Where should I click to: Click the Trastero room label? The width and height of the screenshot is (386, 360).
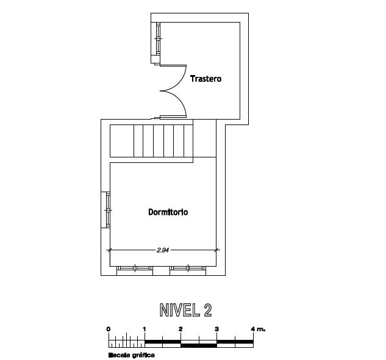[x=206, y=79]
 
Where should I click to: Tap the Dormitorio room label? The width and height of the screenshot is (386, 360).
[x=168, y=212]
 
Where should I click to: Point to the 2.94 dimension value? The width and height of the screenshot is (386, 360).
[x=163, y=250]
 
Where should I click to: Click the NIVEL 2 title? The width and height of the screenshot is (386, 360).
[x=185, y=310]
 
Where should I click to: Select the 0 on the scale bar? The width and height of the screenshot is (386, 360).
[x=109, y=329]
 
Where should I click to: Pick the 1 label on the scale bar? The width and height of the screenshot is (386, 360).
[x=145, y=329]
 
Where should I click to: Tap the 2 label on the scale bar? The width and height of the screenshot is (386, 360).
[x=181, y=329]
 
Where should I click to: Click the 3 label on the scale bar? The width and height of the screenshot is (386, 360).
[x=216, y=329]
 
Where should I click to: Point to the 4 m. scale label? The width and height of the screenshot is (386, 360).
[x=258, y=329]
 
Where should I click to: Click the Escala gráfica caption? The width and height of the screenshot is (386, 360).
[x=132, y=355]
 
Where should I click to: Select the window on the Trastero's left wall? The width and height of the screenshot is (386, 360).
[x=158, y=38]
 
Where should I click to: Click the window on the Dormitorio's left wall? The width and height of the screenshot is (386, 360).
[x=108, y=210]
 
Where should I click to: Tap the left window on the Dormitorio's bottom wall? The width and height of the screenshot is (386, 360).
[x=135, y=268]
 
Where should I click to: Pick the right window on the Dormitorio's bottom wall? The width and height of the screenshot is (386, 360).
[x=188, y=268]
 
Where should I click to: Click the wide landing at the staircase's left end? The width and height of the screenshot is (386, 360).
[x=122, y=141]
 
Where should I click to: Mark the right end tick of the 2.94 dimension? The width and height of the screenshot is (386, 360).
[x=216, y=250]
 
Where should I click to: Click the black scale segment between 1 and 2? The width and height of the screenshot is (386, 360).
[x=163, y=342]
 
